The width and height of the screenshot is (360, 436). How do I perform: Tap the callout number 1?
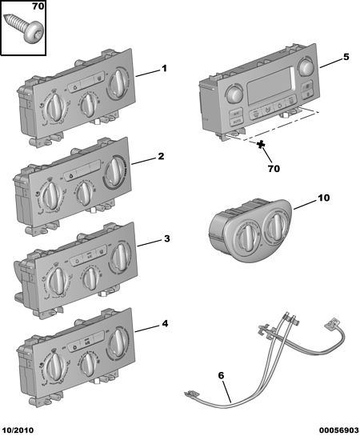tap(164, 68)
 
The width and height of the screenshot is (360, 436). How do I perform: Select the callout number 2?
tap(161, 156)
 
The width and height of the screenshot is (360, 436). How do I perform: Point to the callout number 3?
tap(166, 238)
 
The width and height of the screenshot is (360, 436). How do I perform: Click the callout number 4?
tap(165, 324)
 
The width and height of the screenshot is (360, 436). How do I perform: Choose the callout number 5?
tap(346, 57)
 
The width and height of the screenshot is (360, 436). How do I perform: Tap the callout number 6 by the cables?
tap(221, 375)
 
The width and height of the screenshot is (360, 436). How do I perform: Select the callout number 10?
tap(323, 198)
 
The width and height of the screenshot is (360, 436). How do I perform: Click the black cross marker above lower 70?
tap(261, 145)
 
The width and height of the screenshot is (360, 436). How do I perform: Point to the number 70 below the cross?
tap(274, 169)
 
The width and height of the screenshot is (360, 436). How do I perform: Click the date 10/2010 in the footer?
tap(18, 430)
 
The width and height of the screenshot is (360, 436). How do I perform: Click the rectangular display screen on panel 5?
tap(270, 85)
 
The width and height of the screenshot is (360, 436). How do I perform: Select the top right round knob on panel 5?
tap(306, 67)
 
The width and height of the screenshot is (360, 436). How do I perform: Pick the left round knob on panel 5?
tap(234, 94)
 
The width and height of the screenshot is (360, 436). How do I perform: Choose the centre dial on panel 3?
tap(90, 278)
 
